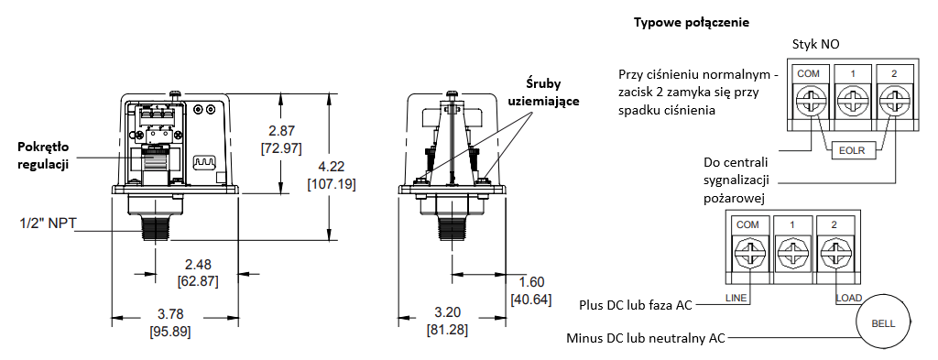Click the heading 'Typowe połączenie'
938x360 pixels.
click(x=692, y=23)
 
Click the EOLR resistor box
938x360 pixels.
click(x=853, y=151)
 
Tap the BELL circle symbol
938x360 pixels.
click(x=884, y=323)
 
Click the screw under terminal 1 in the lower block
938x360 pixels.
click(x=790, y=252)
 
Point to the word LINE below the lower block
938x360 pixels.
click(x=736, y=298)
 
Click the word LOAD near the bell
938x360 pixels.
click(x=848, y=298)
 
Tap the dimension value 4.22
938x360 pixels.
click(x=331, y=167)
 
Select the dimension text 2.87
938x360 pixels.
click(x=280, y=131)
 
